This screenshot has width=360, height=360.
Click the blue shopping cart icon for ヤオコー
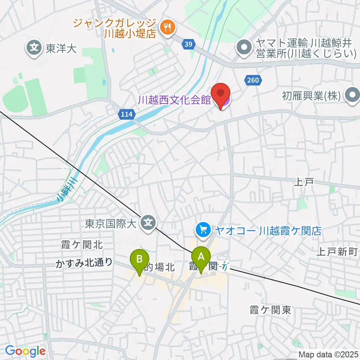click(x=203, y=229)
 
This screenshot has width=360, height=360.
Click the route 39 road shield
click(x=189, y=45)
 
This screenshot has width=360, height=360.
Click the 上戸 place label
click(x=303, y=182)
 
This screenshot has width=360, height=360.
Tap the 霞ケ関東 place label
click(x=270, y=310)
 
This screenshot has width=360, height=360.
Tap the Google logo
click(x=25, y=351)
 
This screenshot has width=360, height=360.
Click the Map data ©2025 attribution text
click(x=328, y=354)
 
